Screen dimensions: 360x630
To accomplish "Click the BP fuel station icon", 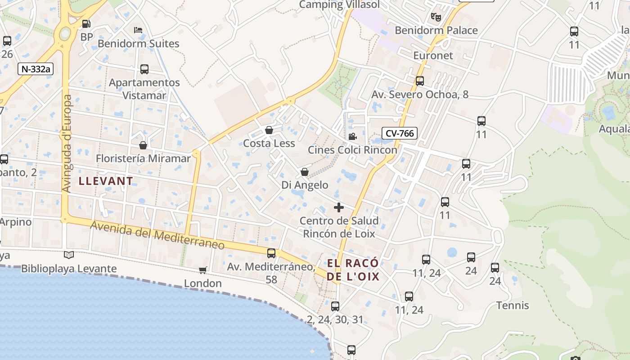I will pyautogui.click(x=86, y=23).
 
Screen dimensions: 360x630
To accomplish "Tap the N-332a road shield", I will pyautogui.click(x=36, y=69).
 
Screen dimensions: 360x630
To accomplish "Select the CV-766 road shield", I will pyautogui.click(x=400, y=133).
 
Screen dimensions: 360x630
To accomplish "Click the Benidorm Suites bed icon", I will pyautogui.click(x=139, y=30).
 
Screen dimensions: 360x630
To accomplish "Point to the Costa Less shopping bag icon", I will pyautogui.click(x=269, y=130).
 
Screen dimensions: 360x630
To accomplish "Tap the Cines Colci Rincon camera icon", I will pyautogui.click(x=352, y=136).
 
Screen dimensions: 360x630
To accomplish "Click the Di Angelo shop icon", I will pyautogui.click(x=305, y=172).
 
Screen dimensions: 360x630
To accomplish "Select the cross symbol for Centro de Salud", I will pyautogui.click(x=339, y=207).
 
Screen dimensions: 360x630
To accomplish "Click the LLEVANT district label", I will pyautogui.click(x=106, y=181).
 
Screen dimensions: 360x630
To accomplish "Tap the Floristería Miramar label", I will pyautogui.click(x=143, y=158).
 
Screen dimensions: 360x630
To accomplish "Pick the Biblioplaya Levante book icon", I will pyautogui.click(x=69, y=255).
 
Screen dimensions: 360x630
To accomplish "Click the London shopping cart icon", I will pyautogui.click(x=203, y=270).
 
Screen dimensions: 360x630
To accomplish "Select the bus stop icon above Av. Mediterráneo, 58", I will pyautogui.click(x=271, y=253).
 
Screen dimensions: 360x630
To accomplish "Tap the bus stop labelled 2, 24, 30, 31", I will pyautogui.click(x=335, y=306).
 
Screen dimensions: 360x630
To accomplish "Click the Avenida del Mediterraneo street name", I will pyautogui.click(x=157, y=235).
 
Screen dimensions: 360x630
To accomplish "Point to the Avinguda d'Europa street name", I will pyautogui.click(x=67, y=144).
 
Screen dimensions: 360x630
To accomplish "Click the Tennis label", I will pyautogui.click(x=513, y=306).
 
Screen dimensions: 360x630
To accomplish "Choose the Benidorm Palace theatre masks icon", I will pyautogui.click(x=436, y=17).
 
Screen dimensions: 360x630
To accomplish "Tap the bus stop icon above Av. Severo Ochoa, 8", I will pyautogui.click(x=420, y=81).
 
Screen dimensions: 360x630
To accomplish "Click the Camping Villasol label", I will pyautogui.click(x=339, y=4).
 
